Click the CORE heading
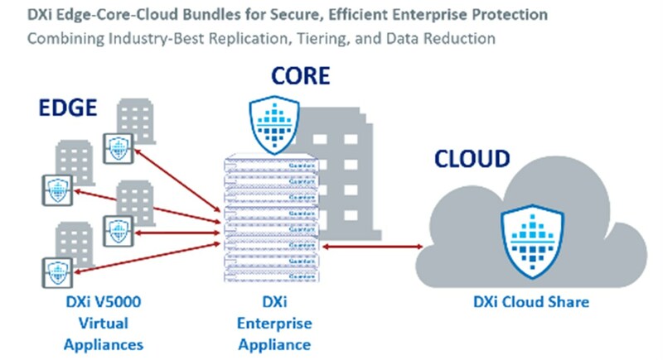[300, 77]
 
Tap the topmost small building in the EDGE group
[136, 117]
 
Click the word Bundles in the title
[201, 15]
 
